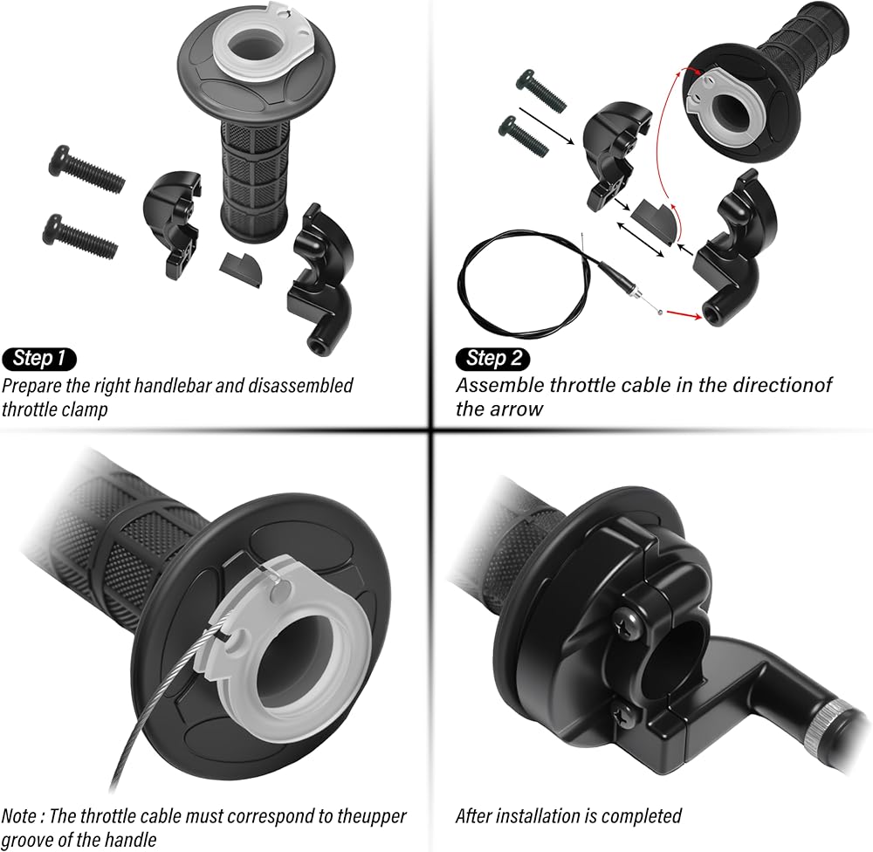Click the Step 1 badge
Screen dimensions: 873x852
(x=39, y=359)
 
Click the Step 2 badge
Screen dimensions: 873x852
(x=492, y=359)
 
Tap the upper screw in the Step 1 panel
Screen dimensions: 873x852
(x=86, y=169)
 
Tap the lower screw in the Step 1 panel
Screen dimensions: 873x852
(x=80, y=236)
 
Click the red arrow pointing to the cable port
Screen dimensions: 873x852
(x=684, y=314)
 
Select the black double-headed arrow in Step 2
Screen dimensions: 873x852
(x=641, y=239)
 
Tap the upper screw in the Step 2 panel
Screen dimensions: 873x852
(x=541, y=90)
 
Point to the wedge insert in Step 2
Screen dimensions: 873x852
(x=655, y=219)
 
